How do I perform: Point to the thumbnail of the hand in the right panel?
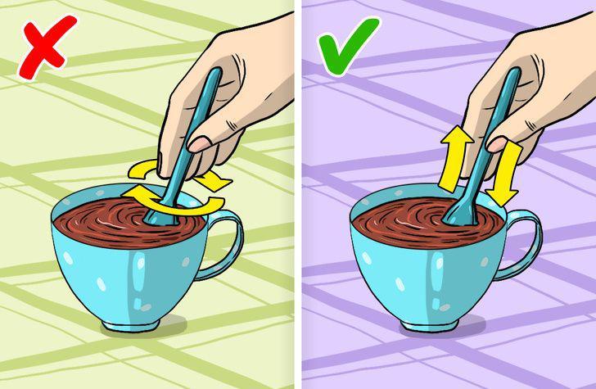pos(497,143)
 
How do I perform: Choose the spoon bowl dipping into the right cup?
pos(458,215)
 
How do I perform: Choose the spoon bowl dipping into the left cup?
pos(159,215)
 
